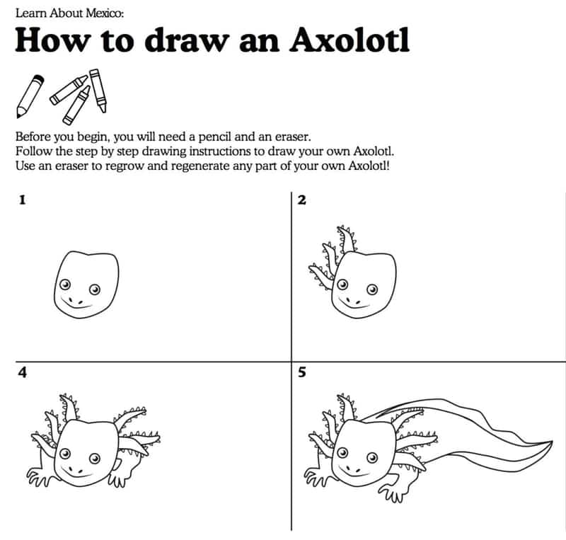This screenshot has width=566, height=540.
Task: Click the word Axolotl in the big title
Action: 350,40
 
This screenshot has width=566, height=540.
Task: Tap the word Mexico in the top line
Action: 104,13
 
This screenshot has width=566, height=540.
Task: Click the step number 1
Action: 23,200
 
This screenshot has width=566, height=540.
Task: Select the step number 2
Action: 302,200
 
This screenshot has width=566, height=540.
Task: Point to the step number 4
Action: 23,372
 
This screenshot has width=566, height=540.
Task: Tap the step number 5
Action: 302,372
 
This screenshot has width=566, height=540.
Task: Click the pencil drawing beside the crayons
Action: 30,96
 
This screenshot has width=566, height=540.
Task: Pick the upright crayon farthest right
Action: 98,91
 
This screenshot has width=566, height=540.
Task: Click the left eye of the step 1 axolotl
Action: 65,285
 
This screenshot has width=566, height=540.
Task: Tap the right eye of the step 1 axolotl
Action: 95,289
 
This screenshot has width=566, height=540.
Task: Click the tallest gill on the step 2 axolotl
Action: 347,239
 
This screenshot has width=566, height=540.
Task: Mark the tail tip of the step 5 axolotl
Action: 551,442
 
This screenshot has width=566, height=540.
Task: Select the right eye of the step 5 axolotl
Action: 372,458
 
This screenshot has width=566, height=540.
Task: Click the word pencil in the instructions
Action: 215,137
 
